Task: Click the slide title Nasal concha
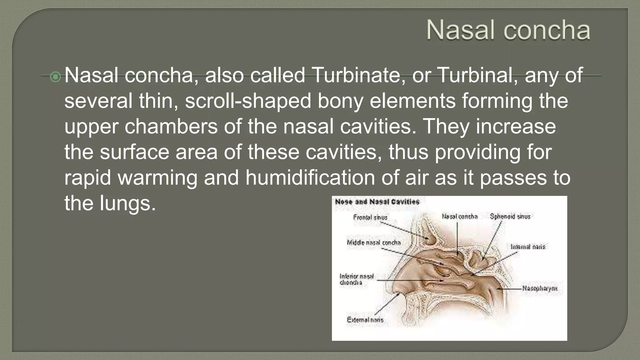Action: point(508,30)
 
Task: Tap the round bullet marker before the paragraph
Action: point(55,77)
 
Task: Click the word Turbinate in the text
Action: point(356,75)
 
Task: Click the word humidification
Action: point(310,178)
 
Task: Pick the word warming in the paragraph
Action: point(157,178)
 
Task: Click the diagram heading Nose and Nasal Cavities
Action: point(377,202)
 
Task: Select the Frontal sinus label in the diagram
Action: point(370,217)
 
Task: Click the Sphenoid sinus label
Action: point(510,216)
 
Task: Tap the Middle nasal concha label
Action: point(373,242)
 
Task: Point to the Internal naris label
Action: point(527,247)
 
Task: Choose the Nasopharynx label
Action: point(540,288)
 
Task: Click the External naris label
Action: point(365,320)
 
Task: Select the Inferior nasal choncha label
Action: point(356,279)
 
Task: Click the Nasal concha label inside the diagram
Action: point(459,216)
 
